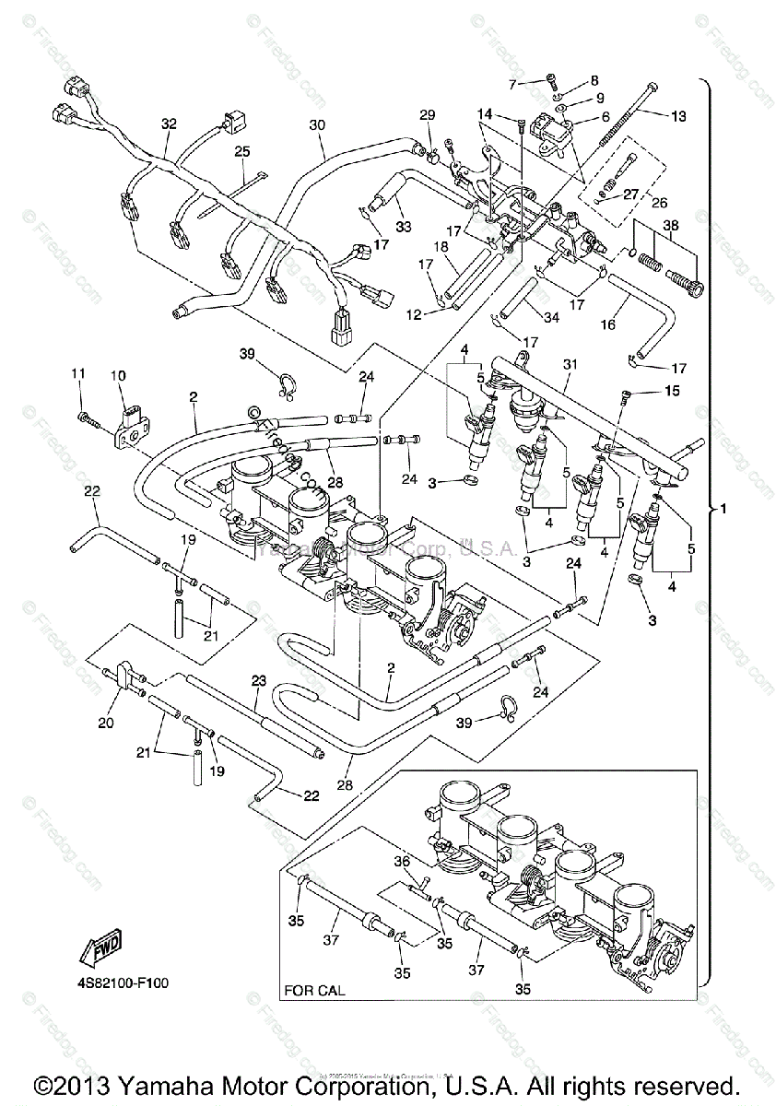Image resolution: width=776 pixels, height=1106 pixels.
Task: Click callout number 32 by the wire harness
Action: [168, 123]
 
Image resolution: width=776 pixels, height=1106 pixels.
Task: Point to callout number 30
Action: [317, 124]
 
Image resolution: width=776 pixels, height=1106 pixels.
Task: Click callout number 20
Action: [105, 723]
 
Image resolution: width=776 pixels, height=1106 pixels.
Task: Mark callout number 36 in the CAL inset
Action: [401, 862]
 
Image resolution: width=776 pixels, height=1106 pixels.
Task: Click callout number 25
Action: [241, 150]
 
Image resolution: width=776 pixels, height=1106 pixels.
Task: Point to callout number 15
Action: [671, 392]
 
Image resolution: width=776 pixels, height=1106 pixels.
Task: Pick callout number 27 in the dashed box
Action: [630, 194]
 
